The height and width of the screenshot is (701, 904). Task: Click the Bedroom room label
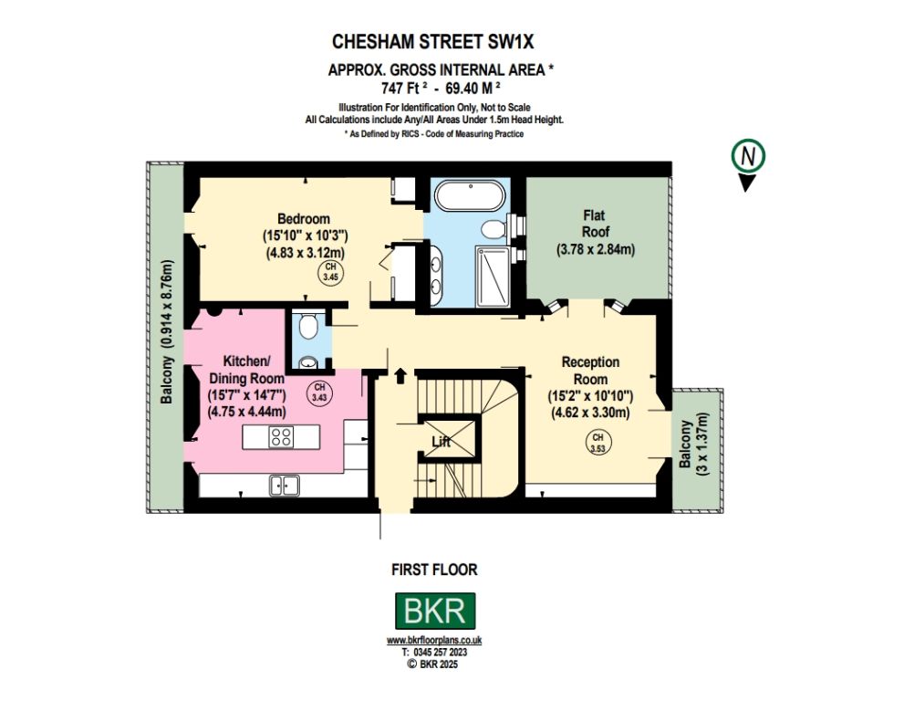tap(304, 219)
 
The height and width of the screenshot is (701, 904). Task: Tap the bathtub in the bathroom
tap(471, 197)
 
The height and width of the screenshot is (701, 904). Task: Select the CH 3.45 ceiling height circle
tap(330, 272)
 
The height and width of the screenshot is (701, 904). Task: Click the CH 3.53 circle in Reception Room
tap(597, 442)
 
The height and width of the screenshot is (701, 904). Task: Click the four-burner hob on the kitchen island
tap(281, 436)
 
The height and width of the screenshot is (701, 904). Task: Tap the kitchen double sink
tap(285, 486)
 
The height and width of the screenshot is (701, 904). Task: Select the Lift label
tap(441, 442)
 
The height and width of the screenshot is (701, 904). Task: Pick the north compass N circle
tap(748, 156)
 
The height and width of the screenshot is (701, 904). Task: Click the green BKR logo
tap(435, 611)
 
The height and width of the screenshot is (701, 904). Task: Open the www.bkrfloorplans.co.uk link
tap(434, 641)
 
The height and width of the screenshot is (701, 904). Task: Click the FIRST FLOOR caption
tap(435, 570)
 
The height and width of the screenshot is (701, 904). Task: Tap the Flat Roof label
tap(595, 224)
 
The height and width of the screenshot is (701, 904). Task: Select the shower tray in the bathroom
tap(493, 277)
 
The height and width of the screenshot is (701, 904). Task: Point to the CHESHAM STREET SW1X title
tap(433, 42)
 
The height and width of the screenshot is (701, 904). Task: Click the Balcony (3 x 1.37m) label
tap(692, 444)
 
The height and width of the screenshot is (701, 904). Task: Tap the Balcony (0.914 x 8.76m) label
tap(167, 331)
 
